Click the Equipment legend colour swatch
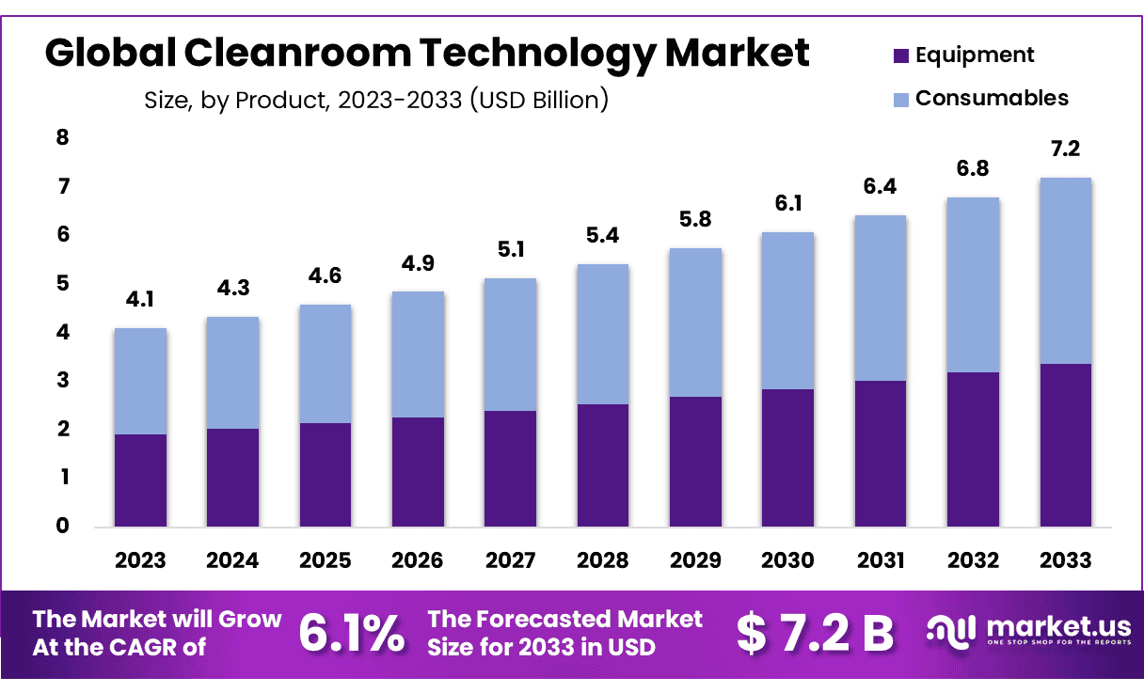900,56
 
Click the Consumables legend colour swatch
900,99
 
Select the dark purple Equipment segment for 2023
140,480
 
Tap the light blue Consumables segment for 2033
1066,271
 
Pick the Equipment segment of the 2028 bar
603,465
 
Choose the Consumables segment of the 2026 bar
418,354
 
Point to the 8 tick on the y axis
63,138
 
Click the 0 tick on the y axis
63,526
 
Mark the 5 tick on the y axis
63,283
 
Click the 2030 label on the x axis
787,560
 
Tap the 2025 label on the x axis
325,560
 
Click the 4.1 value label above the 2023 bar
140,301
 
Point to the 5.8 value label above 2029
695,220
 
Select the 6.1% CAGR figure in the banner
352,633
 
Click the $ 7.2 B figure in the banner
815,633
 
